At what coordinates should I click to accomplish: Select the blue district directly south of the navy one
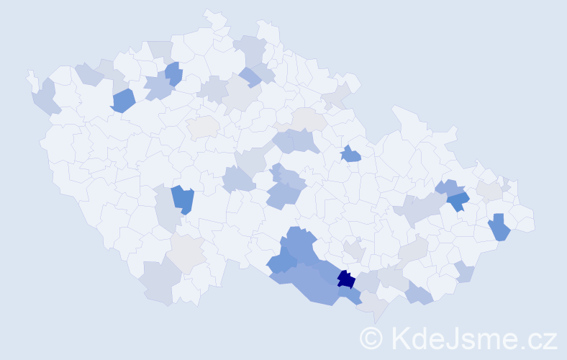(x=351, y=294)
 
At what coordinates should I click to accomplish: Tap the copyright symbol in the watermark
(x=371, y=338)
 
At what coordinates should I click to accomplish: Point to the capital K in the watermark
(x=399, y=338)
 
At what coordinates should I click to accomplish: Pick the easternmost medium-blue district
(x=499, y=228)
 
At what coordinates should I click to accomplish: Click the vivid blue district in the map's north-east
(x=458, y=200)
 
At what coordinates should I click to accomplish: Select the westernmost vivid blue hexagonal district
(x=123, y=101)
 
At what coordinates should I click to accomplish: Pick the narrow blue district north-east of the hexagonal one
(x=173, y=73)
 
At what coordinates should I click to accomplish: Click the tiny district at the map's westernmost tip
(x=30, y=76)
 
